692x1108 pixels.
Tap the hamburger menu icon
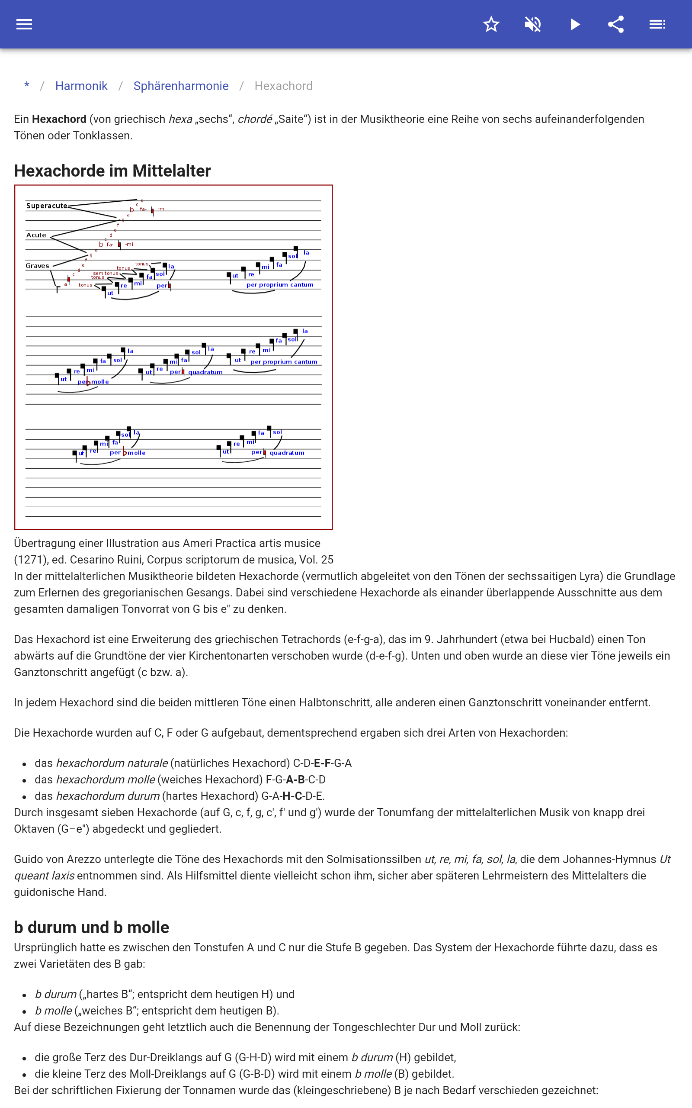click(24, 24)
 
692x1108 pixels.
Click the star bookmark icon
click(491, 24)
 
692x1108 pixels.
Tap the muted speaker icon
click(533, 24)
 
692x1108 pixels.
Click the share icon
click(616, 24)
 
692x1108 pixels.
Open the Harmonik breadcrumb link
click(81, 86)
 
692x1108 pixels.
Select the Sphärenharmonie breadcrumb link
click(181, 86)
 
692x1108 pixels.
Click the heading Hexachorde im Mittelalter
click(112, 171)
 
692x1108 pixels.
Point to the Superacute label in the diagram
click(47, 206)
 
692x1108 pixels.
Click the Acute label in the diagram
click(36, 235)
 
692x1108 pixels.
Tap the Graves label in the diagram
click(37, 266)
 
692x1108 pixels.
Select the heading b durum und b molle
click(92, 928)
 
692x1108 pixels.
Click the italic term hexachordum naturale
click(112, 763)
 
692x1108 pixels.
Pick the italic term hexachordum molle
click(105, 780)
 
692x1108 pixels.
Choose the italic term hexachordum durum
click(108, 796)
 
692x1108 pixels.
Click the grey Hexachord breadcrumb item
click(283, 86)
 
